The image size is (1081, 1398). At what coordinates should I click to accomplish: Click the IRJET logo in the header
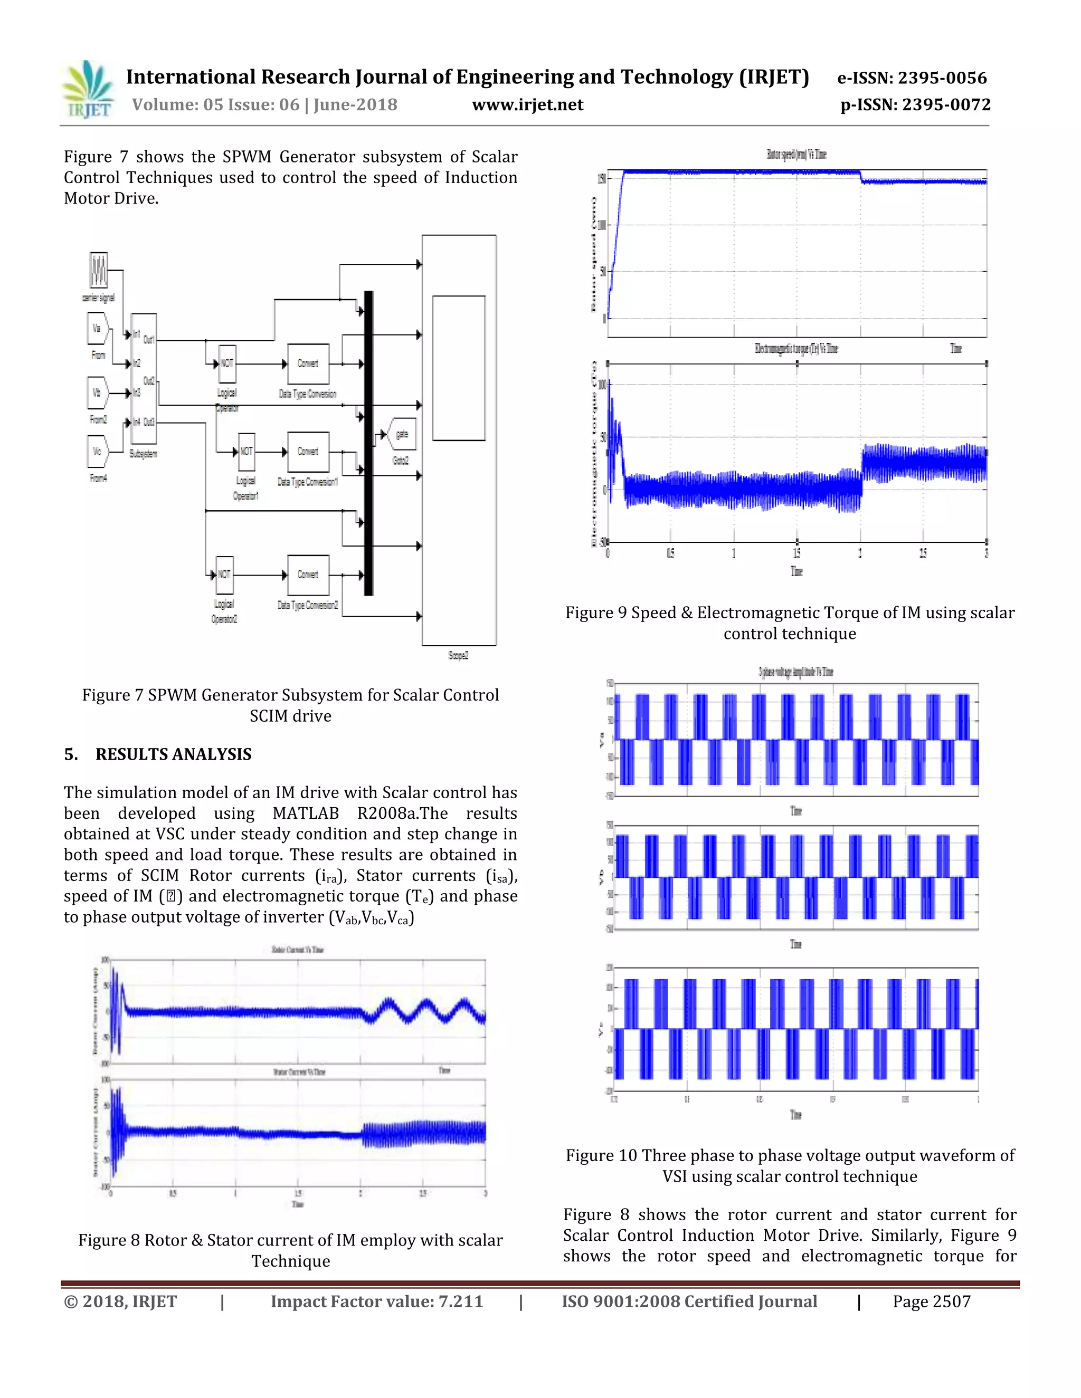click(88, 90)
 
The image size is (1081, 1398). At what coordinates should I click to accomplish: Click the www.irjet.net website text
click(527, 105)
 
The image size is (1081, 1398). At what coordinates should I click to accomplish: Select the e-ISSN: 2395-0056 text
click(912, 78)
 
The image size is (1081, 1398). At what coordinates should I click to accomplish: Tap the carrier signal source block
click(99, 270)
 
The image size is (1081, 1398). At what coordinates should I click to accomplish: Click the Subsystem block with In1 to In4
click(144, 378)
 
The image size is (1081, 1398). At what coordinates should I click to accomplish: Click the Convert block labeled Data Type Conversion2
click(308, 575)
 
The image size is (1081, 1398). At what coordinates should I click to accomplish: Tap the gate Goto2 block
click(402, 435)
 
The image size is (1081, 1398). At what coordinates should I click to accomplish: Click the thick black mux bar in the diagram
click(368, 443)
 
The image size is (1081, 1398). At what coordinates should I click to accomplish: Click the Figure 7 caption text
click(290, 705)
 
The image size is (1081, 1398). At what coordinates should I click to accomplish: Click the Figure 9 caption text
click(790, 623)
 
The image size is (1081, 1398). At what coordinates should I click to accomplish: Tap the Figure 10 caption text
click(790, 1166)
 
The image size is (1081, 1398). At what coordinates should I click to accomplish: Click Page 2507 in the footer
click(931, 1301)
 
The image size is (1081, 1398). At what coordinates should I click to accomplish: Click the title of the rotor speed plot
click(796, 154)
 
